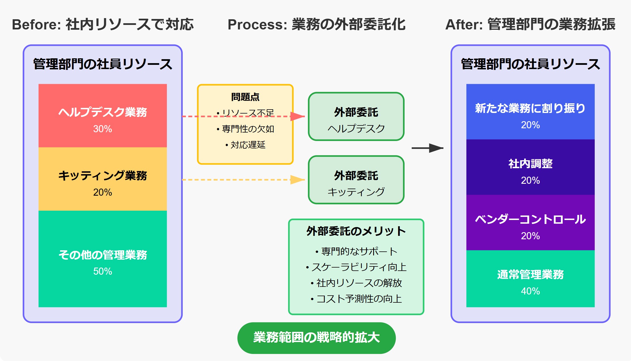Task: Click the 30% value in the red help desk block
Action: [x=103, y=129]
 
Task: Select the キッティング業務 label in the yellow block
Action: [x=103, y=176]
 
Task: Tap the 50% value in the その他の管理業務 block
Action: [x=103, y=271]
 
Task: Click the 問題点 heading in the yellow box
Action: [x=245, y=97]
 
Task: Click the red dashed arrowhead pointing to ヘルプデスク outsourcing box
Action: [x=298, y=116]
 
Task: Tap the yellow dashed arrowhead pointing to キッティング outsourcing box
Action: [x=298, y=180]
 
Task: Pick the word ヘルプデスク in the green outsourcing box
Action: [x=356, y=129]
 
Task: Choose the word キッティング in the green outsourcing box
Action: [x=356, y=192]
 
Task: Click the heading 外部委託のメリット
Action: [x=356, y=231]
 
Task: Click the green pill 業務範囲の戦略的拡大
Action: [x=316, y=337]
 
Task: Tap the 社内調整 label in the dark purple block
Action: [x=530, y=164]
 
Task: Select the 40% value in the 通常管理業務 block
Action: [x=530, y=291]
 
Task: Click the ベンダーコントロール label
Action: [x=530, y=219]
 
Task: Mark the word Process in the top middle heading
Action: [x=257, y=24]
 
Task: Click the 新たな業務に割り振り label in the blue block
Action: [x=530, y=108]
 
